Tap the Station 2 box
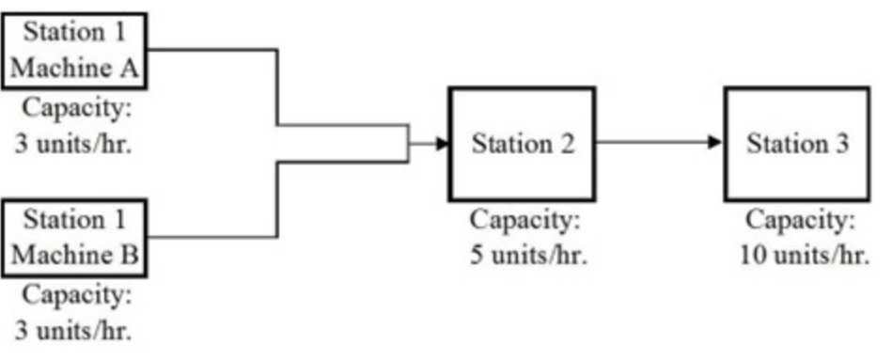click(x=522, y=144)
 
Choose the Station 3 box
click(x=797, y=144)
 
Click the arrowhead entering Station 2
click(x=441, y=144)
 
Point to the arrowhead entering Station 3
click(x=716, y=143)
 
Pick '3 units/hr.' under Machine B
click(x=73, y=331)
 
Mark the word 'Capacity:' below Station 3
click(x=802, y=222)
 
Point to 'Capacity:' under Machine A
click(x=76, y=108)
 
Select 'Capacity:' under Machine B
click(x=76, y=295)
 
